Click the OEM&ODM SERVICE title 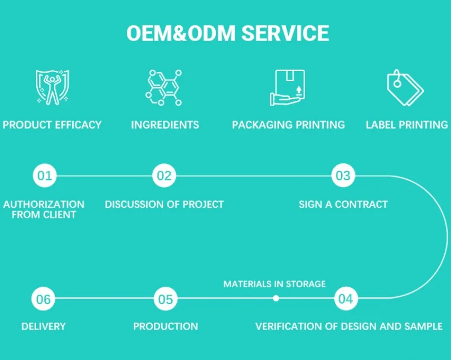click(x=227, y=33)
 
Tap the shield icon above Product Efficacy click(x=52, y=87)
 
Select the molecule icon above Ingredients click(x=164, y=87)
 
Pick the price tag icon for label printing click(x=405, y=87)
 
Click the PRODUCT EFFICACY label click(x=52, y=125)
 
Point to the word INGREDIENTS click(x=165, y=125)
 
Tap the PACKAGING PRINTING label click(x=288, y=125)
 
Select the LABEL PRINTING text click(x=406, y=125)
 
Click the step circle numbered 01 click(x=45, y=176)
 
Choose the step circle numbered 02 click(x=164, y=176)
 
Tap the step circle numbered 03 click(x=343, y=176)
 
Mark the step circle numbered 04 click(x=346, y=299)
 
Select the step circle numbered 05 click(x=166, y=299)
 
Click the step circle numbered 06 click(x=44, y=299)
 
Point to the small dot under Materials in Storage click(x=276, y=299)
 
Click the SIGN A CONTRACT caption click(x=343, y=204)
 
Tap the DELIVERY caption click(x=43, y=326)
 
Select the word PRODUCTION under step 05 click(x=166, y=326)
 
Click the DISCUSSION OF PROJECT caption click(x=164, y=204)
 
